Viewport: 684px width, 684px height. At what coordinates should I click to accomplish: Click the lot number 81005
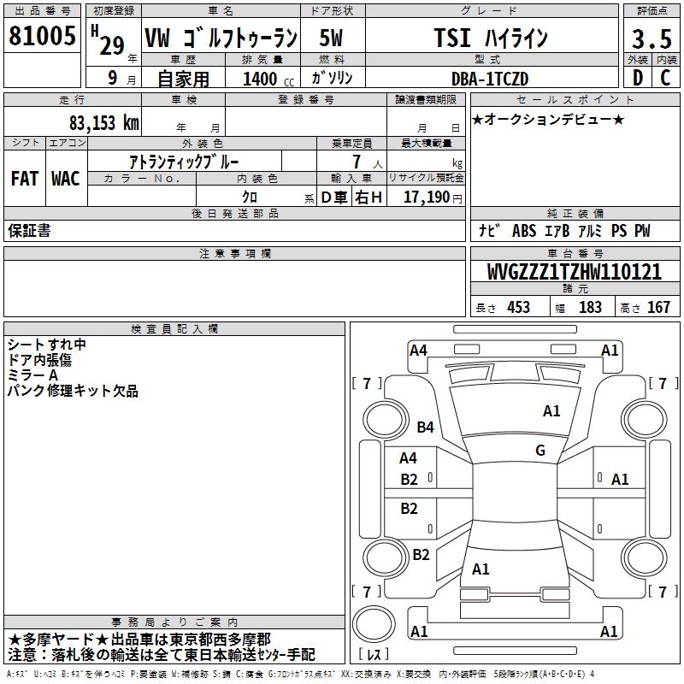[x=42, y=36]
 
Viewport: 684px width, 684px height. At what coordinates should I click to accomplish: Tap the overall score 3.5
[x=652, y=38]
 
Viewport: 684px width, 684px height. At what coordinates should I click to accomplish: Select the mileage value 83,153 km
[x=104, y=123]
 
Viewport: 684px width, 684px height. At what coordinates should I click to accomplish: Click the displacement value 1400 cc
[x=268, y=79]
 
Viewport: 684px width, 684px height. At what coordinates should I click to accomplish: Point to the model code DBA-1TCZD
[x=490, y=79]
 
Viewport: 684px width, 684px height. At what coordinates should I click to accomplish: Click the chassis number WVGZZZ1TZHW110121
[x=574, y=272]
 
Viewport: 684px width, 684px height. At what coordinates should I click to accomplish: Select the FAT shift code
[x=25, y=179]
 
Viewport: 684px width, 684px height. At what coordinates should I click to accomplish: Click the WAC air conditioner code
[x=66, y=179]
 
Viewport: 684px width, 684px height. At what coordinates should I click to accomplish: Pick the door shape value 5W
[x=331, y=38]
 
